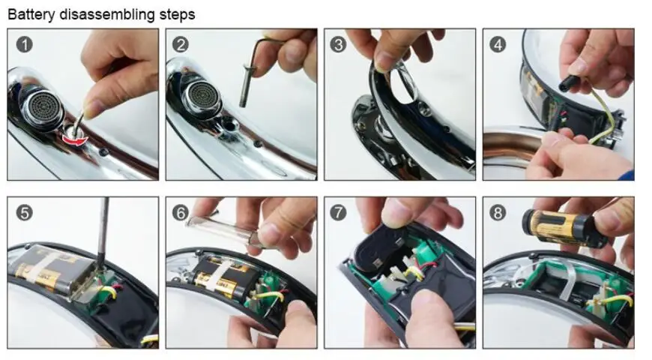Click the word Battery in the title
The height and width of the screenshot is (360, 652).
click(x=31, y=14)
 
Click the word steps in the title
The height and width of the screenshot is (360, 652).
click(x=177, y=15)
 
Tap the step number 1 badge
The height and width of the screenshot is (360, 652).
click(x=25, y=44)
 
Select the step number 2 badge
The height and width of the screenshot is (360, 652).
click(x=181, y=44)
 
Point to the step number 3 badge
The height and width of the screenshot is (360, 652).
click(x=338, y=44)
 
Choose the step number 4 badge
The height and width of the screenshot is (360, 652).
click(x=498, y=44)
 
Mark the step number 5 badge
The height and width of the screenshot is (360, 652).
click(x=25, y=213)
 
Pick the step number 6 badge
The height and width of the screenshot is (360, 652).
click(x=181, y=213)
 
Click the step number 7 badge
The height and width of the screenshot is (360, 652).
click(x=338, y=213)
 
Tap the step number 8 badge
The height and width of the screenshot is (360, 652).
click(x=498, y=213)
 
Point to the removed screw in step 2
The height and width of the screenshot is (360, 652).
click(x=245, y=85)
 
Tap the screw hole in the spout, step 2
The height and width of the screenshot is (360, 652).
click(x=229, y=124)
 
